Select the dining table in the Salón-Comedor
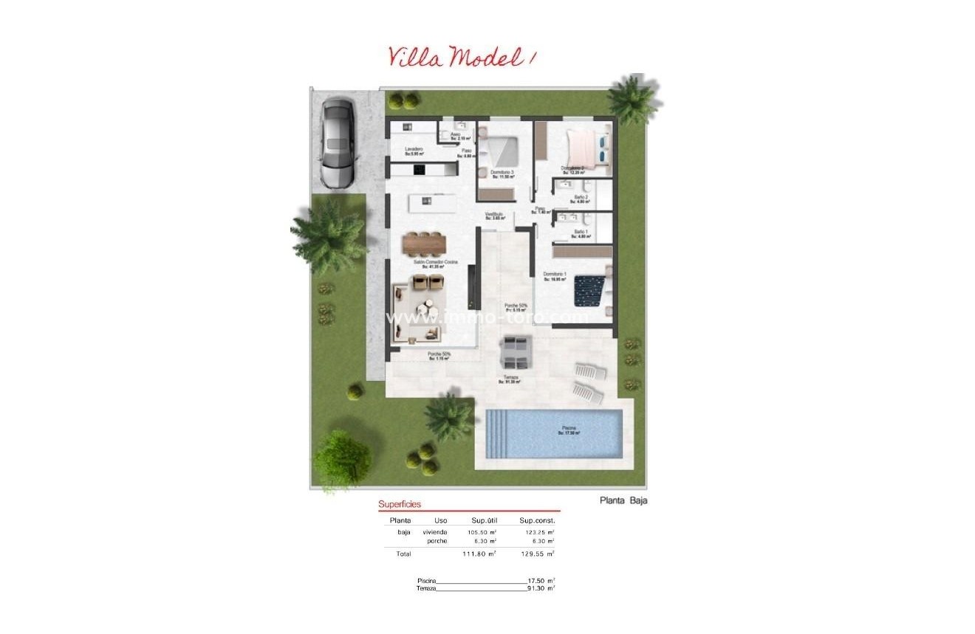click(x=424, y=243)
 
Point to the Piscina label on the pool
click(x=568, y=428)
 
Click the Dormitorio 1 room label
click(x=555, y=275)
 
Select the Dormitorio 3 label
click(x=502, y=173)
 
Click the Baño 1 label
click(x=581, y=232)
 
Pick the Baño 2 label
click(x=581, y=198)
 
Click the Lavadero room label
click(x=414, y=150)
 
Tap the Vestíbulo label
click(x=494, y=215)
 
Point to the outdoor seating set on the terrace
click(x=514, y=351)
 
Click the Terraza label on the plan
click(x=510, y=378)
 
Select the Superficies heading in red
click(x=400, y=505)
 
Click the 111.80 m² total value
click(x=482, y=554)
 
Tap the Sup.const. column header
click(x=537, y=520)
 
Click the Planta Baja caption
click(x=623, y=500)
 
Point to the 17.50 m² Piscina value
click(x=541, y=581)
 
